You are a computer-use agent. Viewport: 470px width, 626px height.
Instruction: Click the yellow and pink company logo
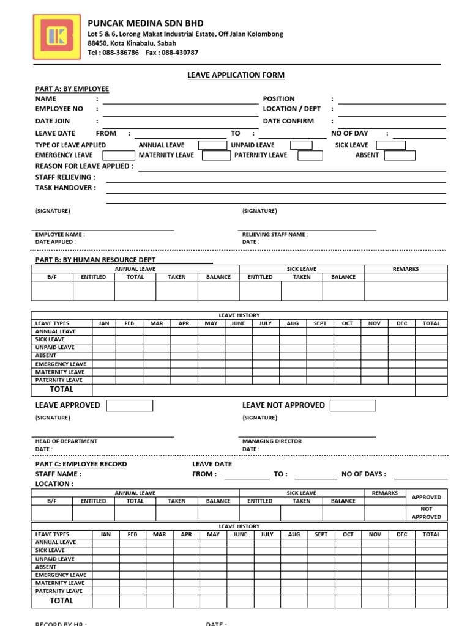coord(56,38)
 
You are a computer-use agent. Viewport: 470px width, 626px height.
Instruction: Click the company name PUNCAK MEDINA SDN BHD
coord(146,23)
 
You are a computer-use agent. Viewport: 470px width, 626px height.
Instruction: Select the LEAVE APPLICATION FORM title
coord(236,75)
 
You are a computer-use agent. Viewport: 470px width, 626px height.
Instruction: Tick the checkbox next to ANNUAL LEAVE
coord(213,145)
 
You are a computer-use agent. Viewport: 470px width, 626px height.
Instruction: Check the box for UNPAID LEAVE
coord(301,145)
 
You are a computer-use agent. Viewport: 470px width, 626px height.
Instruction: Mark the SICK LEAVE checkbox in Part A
coord(390,145)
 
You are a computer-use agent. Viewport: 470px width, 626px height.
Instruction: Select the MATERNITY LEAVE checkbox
coord(216,155)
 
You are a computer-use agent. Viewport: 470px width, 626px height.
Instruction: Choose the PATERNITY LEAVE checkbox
coord(310,155)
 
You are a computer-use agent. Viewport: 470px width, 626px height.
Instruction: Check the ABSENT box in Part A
coord(400,155)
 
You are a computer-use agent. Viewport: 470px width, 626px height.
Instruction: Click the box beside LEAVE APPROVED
coord(130,405)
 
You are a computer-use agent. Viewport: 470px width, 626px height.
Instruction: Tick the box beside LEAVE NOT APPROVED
coord(353,405)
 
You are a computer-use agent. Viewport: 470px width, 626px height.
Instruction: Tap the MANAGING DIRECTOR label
coord(272,441)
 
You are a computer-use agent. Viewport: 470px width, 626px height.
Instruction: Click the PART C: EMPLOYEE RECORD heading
coord(81,464)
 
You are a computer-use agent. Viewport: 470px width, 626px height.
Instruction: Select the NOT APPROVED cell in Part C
coord(427,513)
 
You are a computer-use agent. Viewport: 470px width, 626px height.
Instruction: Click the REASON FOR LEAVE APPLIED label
coord(84,166)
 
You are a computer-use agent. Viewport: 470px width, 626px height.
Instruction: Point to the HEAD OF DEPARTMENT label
coord(66,441)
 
